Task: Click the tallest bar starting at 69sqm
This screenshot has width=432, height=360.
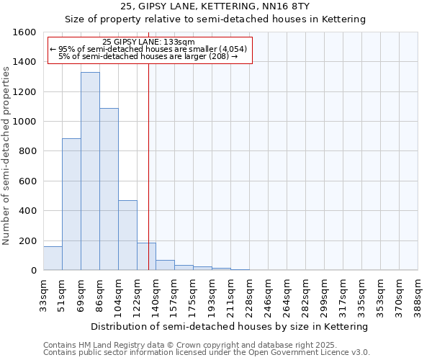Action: coord(90,171)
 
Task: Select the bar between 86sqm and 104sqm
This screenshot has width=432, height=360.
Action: coord(109,189)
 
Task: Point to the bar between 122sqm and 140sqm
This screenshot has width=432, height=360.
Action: coord(146,257)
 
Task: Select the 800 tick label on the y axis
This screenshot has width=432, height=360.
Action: coord(27,151)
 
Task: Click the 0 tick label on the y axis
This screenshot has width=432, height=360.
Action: coord(34,271)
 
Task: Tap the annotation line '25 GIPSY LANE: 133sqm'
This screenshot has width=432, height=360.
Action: coord(149,42)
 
